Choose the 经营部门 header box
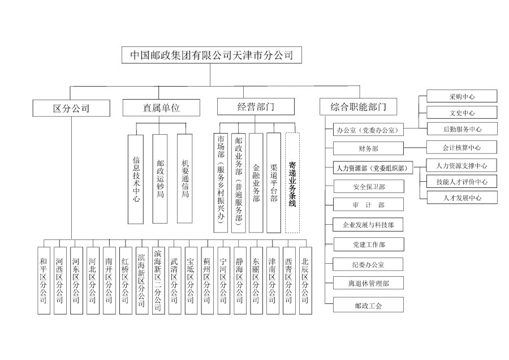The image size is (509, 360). coord(256,106)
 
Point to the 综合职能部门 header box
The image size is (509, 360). coord(361,106)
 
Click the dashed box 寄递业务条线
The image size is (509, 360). coord(292,182)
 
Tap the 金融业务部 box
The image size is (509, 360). coord(256,182)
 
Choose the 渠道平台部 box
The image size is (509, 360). coord(274,182)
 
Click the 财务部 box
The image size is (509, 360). coord(368,149)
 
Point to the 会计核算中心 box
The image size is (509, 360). coord(462,148)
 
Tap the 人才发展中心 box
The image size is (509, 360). coord(462,198)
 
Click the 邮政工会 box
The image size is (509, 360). coord(368,305)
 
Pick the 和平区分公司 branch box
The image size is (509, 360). coord(44,280)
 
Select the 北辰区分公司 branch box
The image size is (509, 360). coord(305,280)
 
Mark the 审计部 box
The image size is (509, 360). coord(368,205)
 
